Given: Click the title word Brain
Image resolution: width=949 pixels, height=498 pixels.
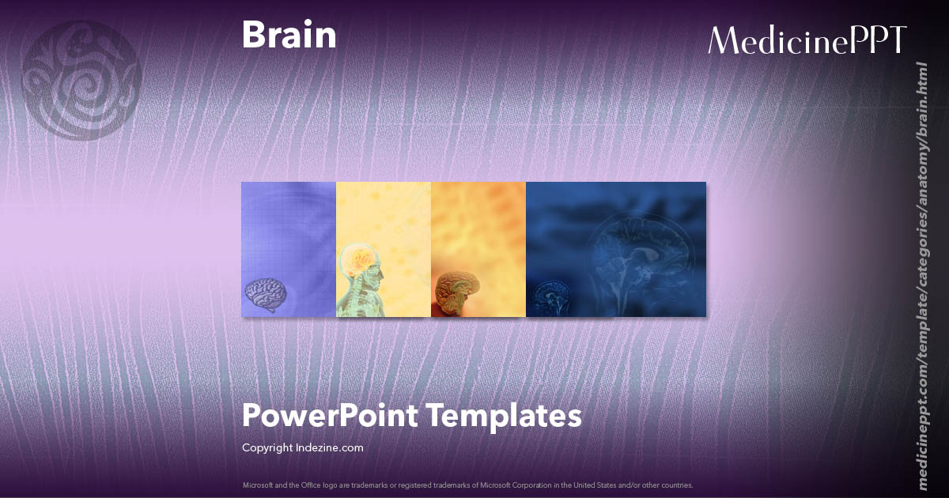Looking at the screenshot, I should coord(289,36).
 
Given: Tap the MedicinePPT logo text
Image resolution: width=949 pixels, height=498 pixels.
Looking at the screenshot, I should coord(807,40).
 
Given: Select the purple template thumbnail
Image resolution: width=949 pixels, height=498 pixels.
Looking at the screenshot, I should coord(289,237).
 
